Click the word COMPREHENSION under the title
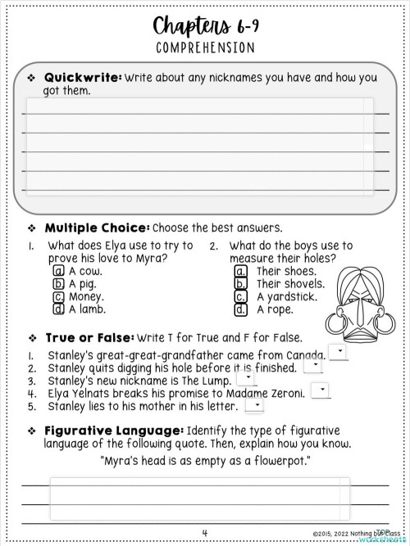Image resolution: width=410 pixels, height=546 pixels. [x=204, y=47]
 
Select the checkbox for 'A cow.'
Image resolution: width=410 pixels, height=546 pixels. [x=58, y=271]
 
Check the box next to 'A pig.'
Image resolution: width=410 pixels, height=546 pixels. [x=58, y=284]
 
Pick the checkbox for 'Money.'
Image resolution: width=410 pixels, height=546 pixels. [x=58, y=296]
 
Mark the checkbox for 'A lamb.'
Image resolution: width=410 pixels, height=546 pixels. [x=58, y=309]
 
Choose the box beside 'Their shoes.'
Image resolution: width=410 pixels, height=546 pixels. [x=241, y=271]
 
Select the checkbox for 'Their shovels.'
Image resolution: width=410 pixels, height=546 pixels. [x=241, y=284]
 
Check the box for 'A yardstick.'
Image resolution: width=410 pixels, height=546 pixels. [x=241, y=296]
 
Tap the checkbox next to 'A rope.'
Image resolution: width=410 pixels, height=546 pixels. [x=241, y=309]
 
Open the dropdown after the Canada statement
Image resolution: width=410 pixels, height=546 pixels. [x=337, y=352]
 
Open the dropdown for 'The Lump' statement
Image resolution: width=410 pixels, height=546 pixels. [x=246, y=378]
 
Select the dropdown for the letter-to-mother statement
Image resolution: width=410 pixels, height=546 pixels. [x=256, y=404]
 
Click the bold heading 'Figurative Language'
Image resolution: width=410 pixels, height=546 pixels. [x=114, y=430]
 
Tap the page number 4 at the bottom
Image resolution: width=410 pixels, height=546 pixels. [x=204, y=533]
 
